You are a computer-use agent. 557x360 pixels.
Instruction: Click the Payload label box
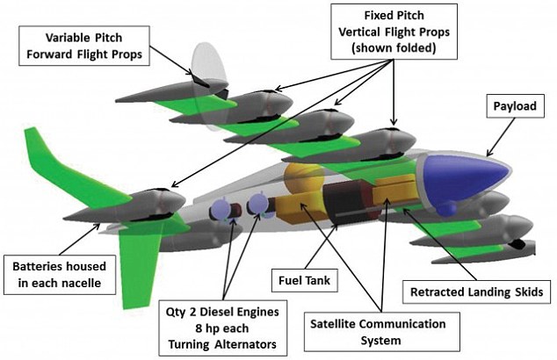(x=515, y=105)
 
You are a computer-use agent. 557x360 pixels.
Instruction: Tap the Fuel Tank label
(x=305, y=280)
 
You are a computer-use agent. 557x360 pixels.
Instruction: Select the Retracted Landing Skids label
(x=476, y=292)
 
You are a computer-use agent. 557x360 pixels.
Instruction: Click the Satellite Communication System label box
(x=381, y=332)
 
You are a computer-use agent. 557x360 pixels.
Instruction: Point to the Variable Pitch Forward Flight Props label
(x=84, y=46)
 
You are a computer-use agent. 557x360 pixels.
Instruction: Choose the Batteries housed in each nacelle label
(x=60, y=275)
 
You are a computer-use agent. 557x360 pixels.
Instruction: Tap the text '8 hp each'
(x=222, y=328)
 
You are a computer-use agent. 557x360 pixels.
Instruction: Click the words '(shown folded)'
(x=394, y=48)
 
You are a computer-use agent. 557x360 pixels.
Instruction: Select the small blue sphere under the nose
(x=445, y=208)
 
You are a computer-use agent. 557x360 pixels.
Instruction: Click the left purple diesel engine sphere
(x=221, y=210)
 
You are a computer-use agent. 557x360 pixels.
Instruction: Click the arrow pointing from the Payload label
(x=500, y=137)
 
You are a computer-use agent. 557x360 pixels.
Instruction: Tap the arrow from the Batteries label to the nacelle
(x=80, y=239)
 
